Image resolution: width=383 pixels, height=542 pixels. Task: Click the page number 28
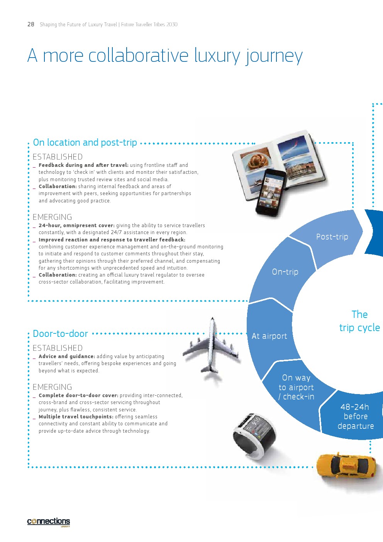pyautogui.click(x=31, y=24)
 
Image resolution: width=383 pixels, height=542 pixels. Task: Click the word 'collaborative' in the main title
pyautogui.click(x=138, y=55)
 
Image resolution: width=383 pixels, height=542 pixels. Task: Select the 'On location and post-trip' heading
pyautogui.click(x=85, y=143)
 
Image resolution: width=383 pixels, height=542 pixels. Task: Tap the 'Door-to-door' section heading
pyautogui.click(x=60, y=334)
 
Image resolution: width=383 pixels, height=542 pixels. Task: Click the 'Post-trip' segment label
pyautogui.click(x=332, y=237)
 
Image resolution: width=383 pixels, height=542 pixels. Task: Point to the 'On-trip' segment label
pyautogui.click(x=285, y=272)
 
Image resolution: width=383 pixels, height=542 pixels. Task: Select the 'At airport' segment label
pyautogui.click(x=269, y=336)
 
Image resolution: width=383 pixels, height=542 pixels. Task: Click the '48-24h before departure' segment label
pyautogui.click(x=356, y=416)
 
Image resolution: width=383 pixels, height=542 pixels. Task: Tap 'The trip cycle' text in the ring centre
pyautogui.click(x=359, y=321)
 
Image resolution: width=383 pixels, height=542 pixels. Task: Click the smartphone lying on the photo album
pyautogui.click(x=271, y=192)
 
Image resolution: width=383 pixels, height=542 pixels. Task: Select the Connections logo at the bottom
pyautogui.click(x=48, y=521)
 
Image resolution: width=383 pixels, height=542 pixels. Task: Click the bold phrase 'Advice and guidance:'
pyautogui.click(x=67, y=357)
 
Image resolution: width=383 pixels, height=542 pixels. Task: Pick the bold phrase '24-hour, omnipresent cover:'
pyautogui.click(x=77, y=226)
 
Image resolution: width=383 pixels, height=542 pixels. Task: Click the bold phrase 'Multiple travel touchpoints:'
pyautogui.click(x=76, y=417)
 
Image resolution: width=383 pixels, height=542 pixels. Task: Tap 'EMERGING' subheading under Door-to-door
pyautogui.click(x=52, y=387)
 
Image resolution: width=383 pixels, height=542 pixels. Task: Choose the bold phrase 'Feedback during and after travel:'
pyautogui.click(x=83, y=165)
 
